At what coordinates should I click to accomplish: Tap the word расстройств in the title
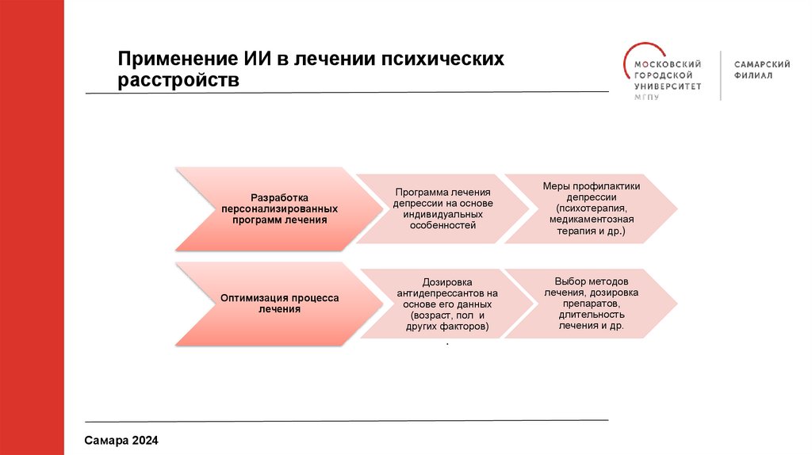[178, 81]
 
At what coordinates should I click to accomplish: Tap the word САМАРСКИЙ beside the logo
[762, 63]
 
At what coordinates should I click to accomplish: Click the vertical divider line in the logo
[721, 75]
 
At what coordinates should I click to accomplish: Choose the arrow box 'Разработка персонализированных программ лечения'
[270, 208]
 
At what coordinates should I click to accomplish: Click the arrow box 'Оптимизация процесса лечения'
[270, 304]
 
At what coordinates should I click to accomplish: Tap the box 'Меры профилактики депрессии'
[591, 208]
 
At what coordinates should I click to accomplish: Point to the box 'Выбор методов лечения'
[591, 304]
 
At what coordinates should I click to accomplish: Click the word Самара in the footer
[107, 439]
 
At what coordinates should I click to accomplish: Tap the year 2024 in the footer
[147, 439]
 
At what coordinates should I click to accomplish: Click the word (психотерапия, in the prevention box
[591, 208]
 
